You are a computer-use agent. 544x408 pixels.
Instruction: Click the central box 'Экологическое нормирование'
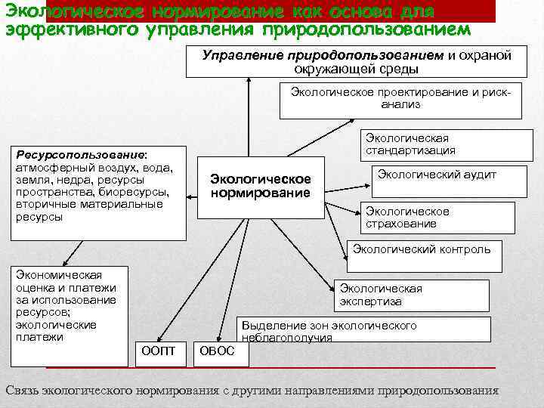pos(261,186)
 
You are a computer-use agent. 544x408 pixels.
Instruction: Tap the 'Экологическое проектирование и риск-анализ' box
pos(400,99)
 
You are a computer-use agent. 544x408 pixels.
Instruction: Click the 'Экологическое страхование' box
pos(407,218)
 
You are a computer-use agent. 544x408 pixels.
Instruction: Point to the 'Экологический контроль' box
pos(422,249)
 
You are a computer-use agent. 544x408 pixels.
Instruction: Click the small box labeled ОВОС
pos(216,351)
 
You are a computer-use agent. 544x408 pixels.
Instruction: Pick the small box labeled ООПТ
pos(159,351)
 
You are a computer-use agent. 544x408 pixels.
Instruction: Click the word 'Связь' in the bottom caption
pos(22,391)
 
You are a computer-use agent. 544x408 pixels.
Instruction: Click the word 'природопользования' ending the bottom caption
pos(438,391)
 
